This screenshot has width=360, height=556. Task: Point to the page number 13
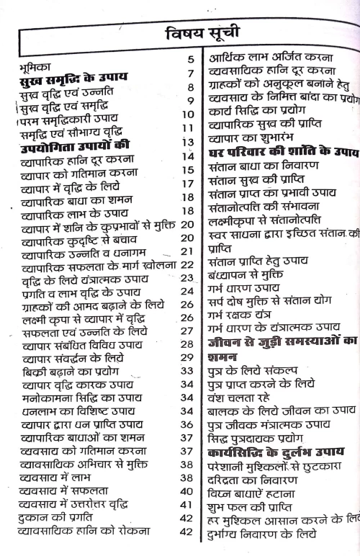tap(189, 141)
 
